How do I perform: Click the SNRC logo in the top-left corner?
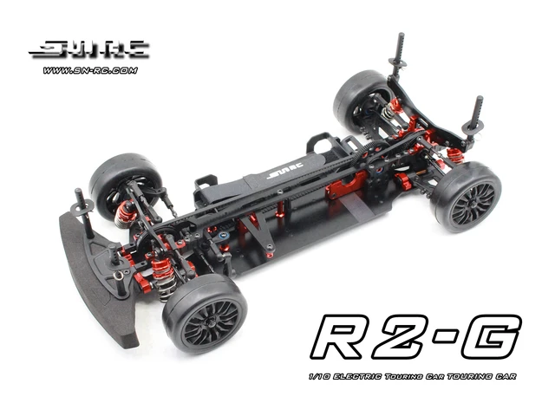click(88, 50)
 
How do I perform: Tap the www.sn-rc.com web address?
click(88, 70)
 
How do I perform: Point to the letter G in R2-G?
click(491, 336)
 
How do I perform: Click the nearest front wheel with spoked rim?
click(205, 312)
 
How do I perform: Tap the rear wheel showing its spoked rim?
click(468, 196)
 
